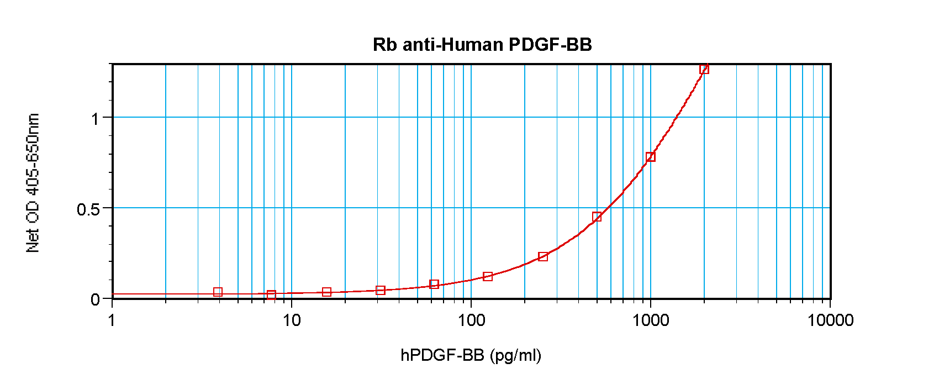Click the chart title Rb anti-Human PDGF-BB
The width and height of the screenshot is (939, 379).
(482, 45)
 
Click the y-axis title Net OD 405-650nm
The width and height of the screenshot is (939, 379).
(33, 183)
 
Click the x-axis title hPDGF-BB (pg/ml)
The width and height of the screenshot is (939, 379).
(471, 355)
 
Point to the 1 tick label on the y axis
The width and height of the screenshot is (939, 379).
(95, 118)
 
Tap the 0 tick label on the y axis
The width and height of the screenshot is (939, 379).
(95, 299)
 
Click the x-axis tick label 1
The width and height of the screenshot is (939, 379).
(112, 320)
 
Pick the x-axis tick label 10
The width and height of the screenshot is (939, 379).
(291, 320)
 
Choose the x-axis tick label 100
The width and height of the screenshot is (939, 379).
(471, 320)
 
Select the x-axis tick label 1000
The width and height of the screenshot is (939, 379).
(650, 320)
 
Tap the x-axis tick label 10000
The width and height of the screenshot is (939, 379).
(830, 320)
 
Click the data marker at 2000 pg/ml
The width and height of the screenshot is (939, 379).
(704, 69)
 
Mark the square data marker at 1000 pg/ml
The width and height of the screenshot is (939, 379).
(650, 157)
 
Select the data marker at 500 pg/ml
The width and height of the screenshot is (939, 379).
(597, 217)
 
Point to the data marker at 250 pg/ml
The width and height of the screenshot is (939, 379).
(542, 257)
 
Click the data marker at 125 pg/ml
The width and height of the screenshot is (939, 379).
(487, 276)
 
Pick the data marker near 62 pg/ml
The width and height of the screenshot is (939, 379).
(434, 284)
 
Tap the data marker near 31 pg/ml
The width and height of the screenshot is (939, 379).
(380, 290)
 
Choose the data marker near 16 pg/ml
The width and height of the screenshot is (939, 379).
(326, 292)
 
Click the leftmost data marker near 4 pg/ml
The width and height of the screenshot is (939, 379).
(218, 292)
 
